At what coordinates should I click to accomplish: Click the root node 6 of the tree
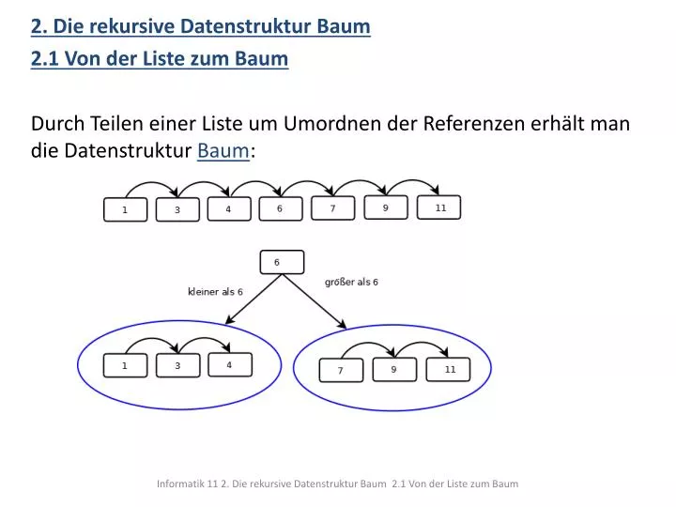pyautogui.click(x=281, y=262)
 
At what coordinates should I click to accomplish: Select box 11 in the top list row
pyautogui.click(x=438, y=208)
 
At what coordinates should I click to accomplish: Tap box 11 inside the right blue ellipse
pyautogui.click(x=450, y=370)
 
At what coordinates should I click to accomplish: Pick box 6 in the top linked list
pyautogui.click(x=280, y=208)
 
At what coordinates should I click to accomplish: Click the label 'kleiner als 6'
pyautogui.click(x=216, y=292)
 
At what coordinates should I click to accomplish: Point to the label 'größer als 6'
pyautogui.click(x=351, y=282)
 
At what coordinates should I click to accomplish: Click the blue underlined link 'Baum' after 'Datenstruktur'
pyautogui.click(x=223, y=149)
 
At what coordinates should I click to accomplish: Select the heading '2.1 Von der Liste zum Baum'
pyautogui.click(x=160, y=59)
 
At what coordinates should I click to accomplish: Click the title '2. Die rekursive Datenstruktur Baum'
pyautogui.click(x=201, y=26)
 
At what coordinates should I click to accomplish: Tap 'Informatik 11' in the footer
pyautogui.click(x=181, y=484)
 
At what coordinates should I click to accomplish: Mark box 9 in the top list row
pyautogui.click(x=386, y=208)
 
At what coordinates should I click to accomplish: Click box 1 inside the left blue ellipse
pyautogui.click(x=125, y=366)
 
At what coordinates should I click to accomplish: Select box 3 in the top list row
pyautogui.click(x=177, y=210)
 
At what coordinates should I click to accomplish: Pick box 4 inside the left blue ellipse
pyautogui.click(x=230, y=365)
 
